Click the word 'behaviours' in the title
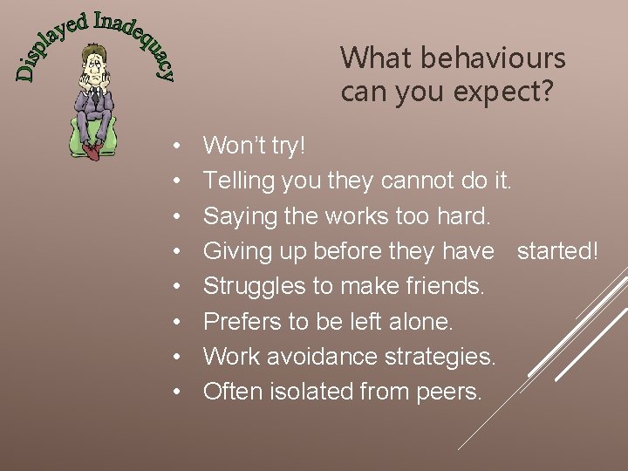(496, 58)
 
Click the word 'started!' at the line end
(558, 252)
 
